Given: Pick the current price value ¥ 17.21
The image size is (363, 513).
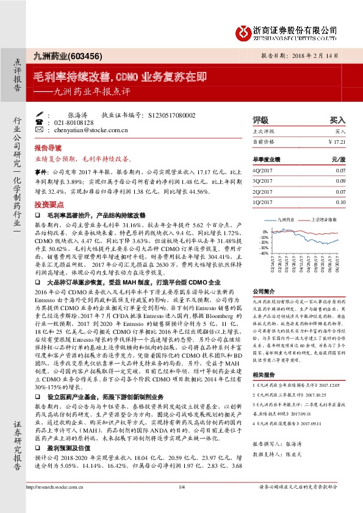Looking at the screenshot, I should tap(336, 141).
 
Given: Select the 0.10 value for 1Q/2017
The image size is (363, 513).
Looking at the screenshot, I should tap(340, 202).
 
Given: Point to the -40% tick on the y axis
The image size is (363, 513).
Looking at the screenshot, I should tap(264, 253).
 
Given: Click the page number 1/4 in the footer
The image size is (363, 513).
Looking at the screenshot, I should tap(181, 504).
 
